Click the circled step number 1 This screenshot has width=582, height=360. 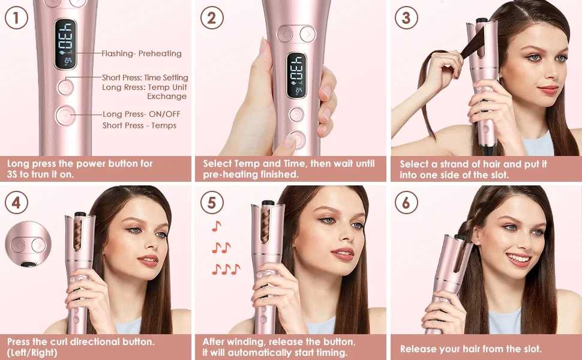[x=16, y=17]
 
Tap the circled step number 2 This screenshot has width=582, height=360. [x=212, y=17]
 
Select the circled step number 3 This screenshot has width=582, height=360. [x=406, y=17]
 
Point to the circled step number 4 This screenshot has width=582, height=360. [x=16, y=203]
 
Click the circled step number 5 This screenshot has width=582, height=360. [x=212, y=203]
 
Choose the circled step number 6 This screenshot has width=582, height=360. [x=406, y=203]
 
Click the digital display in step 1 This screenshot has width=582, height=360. [x=65, y=44]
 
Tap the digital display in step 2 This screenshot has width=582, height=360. [x=296, y=76]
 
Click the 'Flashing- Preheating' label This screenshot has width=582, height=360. [x=142, y=53]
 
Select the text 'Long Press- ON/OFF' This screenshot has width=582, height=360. [x=142, y=114]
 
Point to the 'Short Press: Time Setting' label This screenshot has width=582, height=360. [x=145, y=77]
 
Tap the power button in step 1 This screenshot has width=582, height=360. [x=65, y=115]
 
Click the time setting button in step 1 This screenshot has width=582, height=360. [x=65, y=87]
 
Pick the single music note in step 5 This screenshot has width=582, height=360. [x=217, y=226]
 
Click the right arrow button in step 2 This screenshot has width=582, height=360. [x=308, y=34]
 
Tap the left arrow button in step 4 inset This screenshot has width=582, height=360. [x=18, y=245]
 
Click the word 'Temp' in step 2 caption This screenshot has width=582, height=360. [x=247, y=164]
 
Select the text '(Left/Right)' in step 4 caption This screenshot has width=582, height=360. [x=32, y=352]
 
